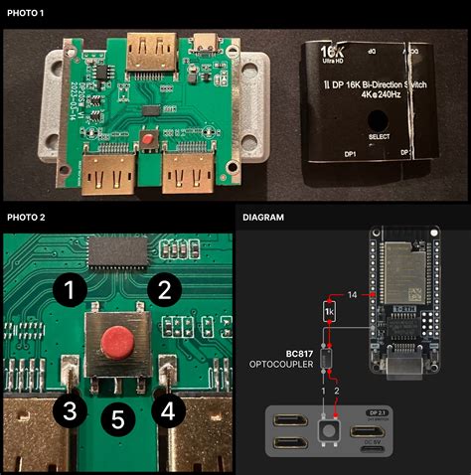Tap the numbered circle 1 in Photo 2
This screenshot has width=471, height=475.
[x=69, y=291]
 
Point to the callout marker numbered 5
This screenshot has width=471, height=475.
[x=117, y=420]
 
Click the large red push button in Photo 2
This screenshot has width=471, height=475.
[x=116, y=344]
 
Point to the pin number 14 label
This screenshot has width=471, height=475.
[x=351, y=295]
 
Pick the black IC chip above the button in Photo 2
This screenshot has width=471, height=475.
[x=118, y=252]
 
